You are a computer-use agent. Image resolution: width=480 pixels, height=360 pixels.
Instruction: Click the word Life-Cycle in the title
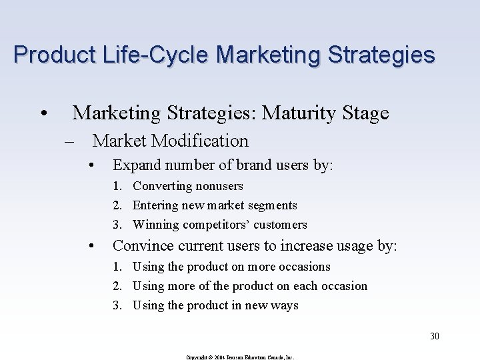click(143, 54)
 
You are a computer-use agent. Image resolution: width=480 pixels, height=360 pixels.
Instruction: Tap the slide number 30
click(434, 336)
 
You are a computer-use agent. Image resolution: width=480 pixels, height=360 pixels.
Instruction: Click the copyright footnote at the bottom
click(239, 357)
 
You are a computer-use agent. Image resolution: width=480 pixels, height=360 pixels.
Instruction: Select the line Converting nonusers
click(187, 186)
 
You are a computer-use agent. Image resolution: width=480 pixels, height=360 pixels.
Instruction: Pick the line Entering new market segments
click(214, 205)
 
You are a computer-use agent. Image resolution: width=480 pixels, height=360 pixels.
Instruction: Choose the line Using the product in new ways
click(215, 305)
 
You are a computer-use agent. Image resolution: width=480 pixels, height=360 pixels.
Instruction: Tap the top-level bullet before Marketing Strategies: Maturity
click(42, 114)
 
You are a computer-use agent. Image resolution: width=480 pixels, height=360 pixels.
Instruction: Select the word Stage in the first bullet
click(365, 113)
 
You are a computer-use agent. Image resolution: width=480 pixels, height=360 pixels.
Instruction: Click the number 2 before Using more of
click(116, 286)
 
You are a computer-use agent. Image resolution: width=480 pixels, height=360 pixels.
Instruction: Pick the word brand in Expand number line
click(251, 165)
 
